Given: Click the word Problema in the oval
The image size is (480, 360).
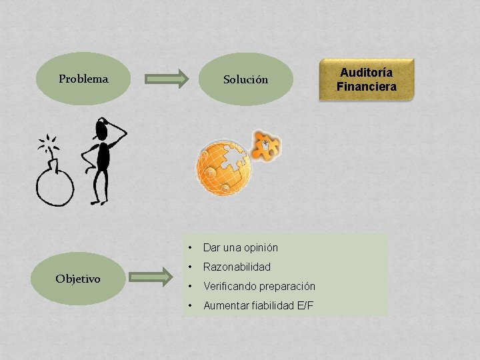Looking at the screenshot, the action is coord(83,79).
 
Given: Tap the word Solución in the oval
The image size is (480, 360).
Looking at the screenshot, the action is coord(245,79).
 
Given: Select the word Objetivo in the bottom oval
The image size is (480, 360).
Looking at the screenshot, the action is coord(78,279).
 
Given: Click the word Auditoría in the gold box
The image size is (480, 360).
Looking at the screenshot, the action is coord(366,72).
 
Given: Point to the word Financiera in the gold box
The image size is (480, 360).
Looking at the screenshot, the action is coord(366,86).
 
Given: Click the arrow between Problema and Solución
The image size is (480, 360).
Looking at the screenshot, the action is coord(167,79).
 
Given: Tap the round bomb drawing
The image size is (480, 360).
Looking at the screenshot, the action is coord(55,185).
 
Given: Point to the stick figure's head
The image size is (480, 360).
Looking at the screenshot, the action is coord(103,128).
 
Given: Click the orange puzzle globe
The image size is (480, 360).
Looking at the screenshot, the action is coord(223,167).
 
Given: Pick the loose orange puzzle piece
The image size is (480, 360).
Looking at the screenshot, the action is coord(267,145).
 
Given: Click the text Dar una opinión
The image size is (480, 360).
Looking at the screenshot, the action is coord(240,247).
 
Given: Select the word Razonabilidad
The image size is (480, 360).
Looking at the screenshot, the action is coord(237,267).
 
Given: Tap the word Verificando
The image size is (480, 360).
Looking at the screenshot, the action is coord(231,286).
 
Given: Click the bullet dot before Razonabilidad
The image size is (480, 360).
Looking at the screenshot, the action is coord(191,267).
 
